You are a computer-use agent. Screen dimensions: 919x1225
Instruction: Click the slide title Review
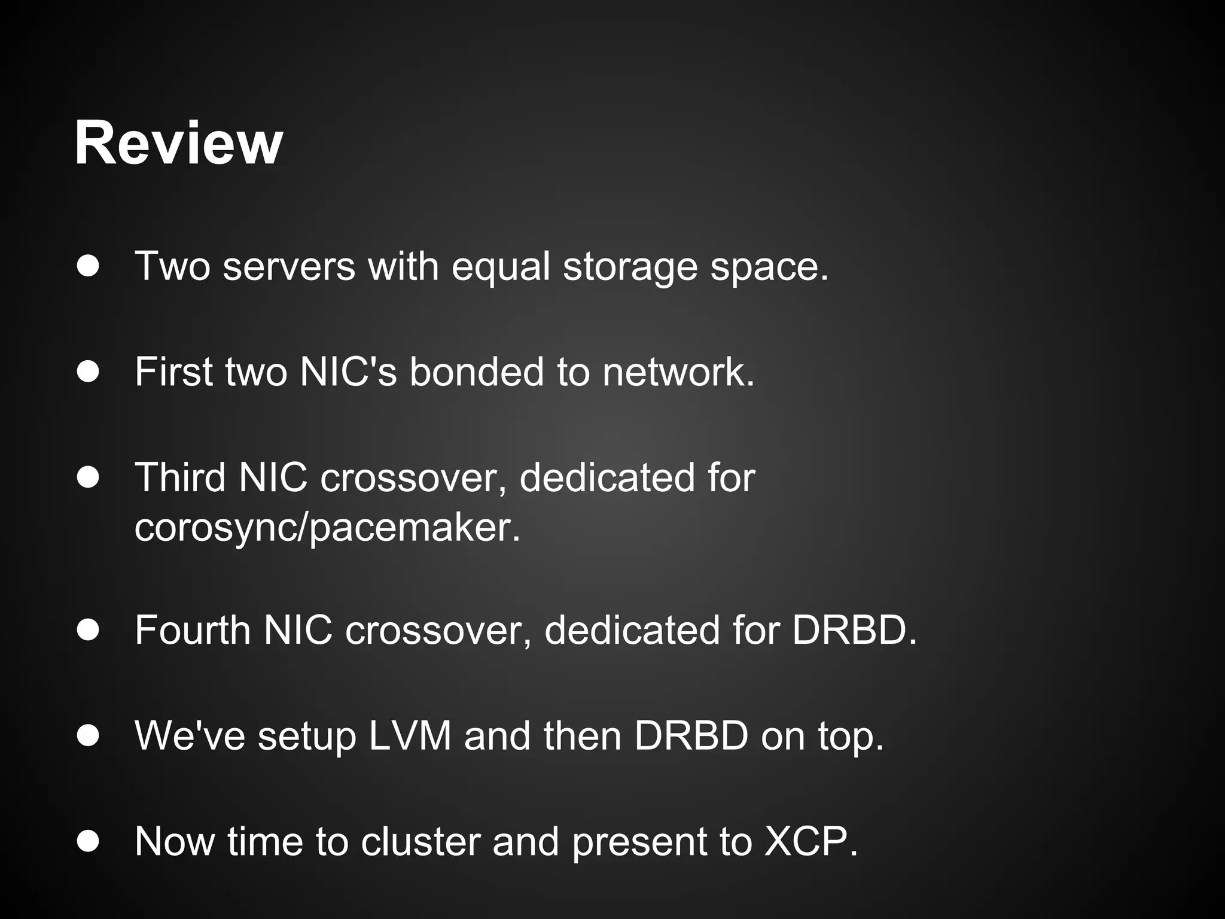coord(178,144)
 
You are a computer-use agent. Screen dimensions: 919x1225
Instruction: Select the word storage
coord(630,267)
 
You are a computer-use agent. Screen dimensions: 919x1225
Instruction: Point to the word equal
coord(501,267)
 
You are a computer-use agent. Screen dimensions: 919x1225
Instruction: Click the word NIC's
coord(348,372)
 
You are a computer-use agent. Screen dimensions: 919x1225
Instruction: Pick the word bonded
coord(476,372)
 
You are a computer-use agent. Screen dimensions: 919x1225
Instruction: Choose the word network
coord(678,372)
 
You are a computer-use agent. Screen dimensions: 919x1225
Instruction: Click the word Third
coord(180,477)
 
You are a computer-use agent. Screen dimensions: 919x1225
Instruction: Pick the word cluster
coord(420,841)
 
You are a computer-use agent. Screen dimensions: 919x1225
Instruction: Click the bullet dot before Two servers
coord(88,266)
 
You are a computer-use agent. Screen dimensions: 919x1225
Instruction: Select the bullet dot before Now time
coord(88,841)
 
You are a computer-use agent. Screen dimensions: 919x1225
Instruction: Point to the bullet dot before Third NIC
coord(88,477)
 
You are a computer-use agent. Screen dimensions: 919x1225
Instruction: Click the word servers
coord(289,267)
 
